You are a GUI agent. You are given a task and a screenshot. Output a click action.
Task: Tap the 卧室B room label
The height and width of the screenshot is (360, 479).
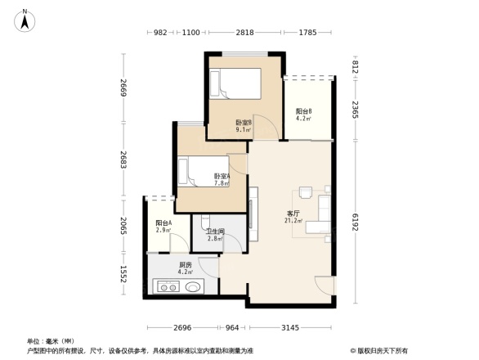(x=244, y=124)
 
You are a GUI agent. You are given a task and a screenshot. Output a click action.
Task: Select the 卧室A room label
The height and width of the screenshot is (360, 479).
(x=222, y=179)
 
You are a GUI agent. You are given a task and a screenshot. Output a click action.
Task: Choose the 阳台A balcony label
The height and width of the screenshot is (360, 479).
(x=163, y=227)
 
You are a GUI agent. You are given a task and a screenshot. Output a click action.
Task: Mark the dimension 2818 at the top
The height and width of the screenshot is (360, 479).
(x=245, y=33)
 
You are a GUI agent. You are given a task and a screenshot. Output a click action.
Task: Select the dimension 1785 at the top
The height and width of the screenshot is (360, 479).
(x=308, y=33)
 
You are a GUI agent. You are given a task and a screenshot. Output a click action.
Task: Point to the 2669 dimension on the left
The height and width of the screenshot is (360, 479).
(x=122, y=87)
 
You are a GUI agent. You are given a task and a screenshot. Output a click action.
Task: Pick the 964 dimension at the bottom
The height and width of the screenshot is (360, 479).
(x=234, y=328)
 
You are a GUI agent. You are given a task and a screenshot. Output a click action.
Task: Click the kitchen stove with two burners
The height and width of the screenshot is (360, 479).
(x=169, y=288)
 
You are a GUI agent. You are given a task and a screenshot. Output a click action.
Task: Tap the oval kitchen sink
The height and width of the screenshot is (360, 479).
(x=195, y=288)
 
